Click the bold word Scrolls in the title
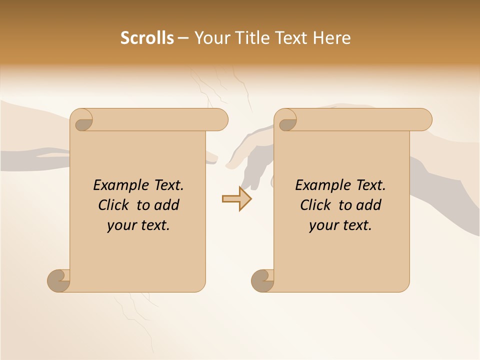pyautogui.click(x=147, y=38)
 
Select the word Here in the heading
pyautogui.click(x=332, y=38)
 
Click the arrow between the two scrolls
pyautogui.click(x=236, y=199)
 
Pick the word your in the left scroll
pyautogui.click(x=121, y=225)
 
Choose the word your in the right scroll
pyautogui.click(x=323, y=225)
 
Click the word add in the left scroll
pyautogui.click(x=167, y=205)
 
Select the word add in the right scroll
pyautogui.click(x=369, y=205)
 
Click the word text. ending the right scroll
pyautogui.click(x=355, y=225)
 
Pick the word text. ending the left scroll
pyautogui.click(x=153, y=225)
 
